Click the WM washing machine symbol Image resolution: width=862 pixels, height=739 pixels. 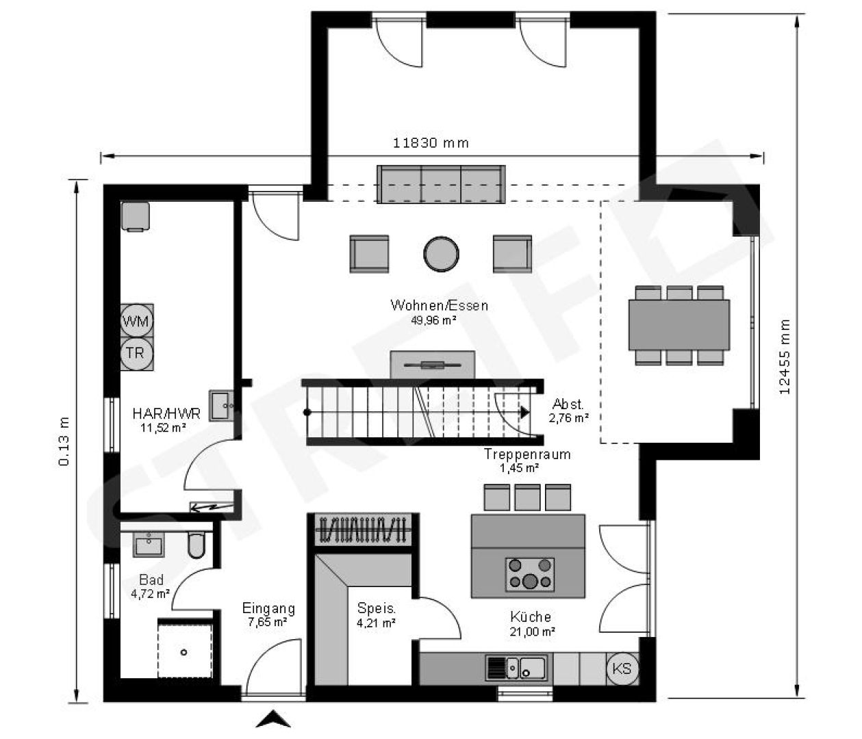tap(137, 322)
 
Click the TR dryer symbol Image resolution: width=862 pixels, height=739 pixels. tap(137, 354)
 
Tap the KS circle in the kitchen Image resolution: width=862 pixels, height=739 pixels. tap(622, 669)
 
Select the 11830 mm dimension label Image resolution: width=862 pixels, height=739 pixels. tap(431, 143)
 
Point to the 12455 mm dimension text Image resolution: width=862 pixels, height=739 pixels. tap(784, 356)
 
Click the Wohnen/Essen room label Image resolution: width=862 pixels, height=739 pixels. tap(439, 305)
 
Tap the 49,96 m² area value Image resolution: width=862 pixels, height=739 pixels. tap(433, 320)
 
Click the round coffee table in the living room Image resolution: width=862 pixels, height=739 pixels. tap(441, 254)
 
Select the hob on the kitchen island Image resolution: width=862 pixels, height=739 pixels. tap(530, 575)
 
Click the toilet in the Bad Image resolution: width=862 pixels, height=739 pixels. tap(196, 545)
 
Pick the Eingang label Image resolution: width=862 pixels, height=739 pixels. tap(268, 608)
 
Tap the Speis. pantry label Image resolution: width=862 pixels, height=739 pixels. tap(376, 608)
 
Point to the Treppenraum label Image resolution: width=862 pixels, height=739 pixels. tap(527, 454)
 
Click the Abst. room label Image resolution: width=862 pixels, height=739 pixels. tap(568, 404)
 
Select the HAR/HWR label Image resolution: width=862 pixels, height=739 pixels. tap(166, 413)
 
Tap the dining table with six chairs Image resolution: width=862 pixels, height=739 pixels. tap(679, 325)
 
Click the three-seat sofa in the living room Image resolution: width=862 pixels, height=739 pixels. tap(441, 184)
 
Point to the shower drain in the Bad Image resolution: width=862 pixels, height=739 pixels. tap(184, 652)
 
